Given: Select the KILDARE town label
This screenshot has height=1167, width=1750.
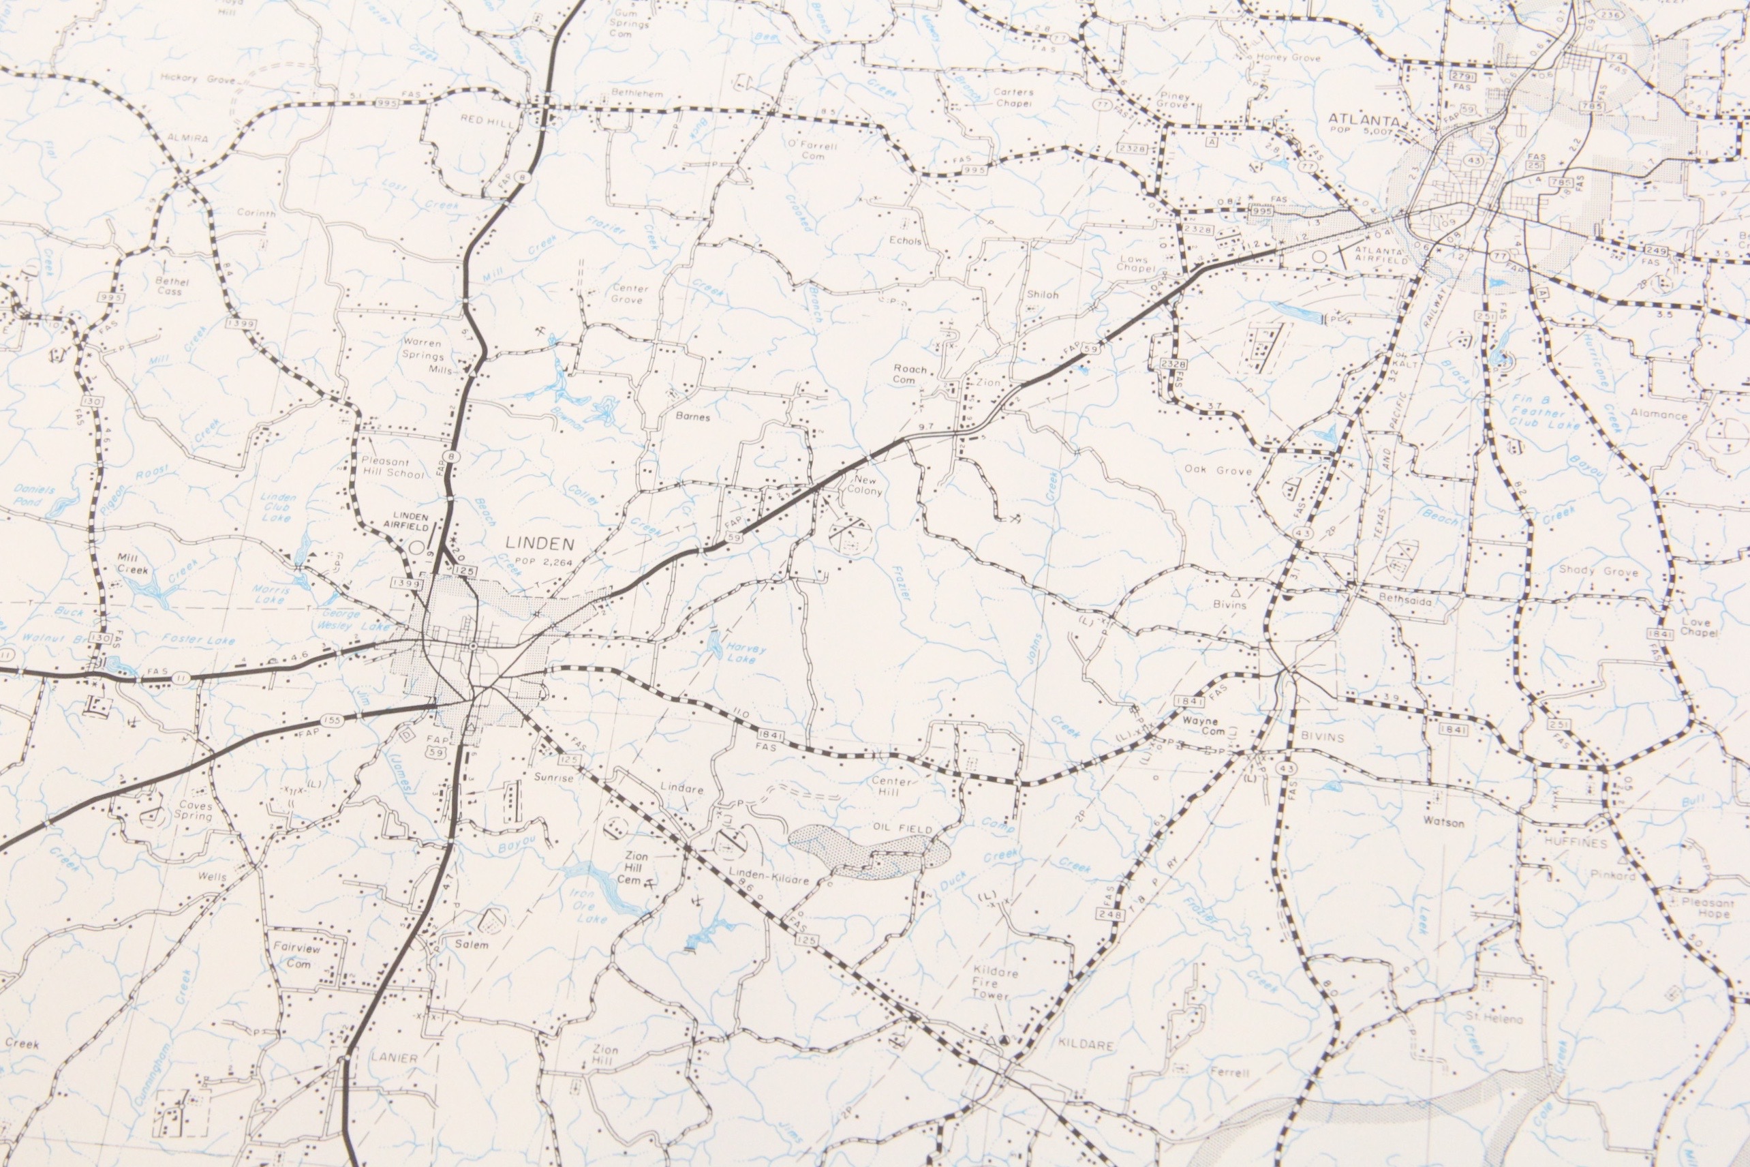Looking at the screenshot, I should (x=1086, y=1045).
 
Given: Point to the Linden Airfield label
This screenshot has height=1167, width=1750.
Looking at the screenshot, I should (x=410, y=520).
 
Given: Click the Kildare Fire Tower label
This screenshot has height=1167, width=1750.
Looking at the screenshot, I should (x=995, y=983).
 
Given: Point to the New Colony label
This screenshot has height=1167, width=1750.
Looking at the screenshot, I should (x=866, y=485).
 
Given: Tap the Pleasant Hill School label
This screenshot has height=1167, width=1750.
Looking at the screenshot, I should (x=392, y=467).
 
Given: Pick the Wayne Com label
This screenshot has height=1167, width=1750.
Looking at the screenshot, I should (x=1200, y=726).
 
